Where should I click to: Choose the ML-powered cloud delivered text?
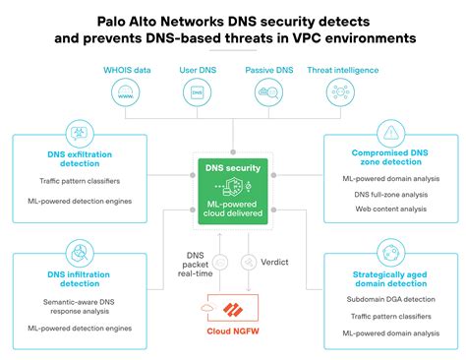pyautogui.click(x=232, y=208)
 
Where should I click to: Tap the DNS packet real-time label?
pyautogui.click(x=197, y=263)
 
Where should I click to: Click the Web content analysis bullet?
pyautogui.click(x=390, y=208)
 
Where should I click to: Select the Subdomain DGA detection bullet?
pyautogui.click(x=390, y=296)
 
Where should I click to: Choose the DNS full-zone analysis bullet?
pyautogui.click(x=390, y=194)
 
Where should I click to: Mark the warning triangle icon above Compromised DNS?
pyautogui.click(x=391, y=132)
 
